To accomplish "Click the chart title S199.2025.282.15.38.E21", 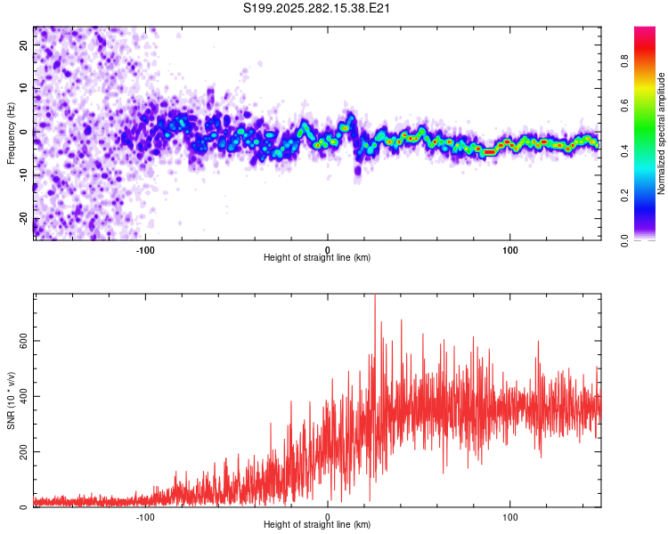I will click(x=318, y=8).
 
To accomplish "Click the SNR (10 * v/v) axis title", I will click(x=11, y=400).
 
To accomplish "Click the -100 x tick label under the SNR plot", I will click(x=145, y=515).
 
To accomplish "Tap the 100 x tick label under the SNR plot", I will click(x=510, y=515).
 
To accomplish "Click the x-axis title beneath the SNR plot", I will click(x=318, y=525).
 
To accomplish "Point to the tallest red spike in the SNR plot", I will click(x=374, y=296).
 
